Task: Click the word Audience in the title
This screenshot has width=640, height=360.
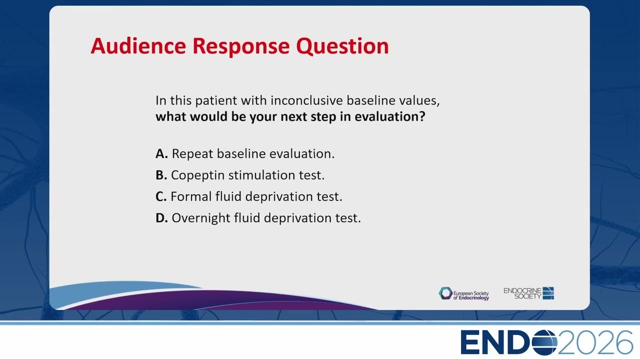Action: tap(138, 45)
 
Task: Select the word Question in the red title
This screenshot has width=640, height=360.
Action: tap(342, 46)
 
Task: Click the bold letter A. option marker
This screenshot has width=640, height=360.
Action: tap(161, 153)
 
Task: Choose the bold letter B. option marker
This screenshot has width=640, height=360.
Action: tap(161, 175)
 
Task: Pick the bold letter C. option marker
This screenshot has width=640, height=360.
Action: tap(161, 196)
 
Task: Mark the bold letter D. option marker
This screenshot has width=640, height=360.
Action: tap(161, 218)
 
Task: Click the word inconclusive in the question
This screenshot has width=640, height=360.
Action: tap(306, 100)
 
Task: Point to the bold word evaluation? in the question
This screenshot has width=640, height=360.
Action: tap(390, 116)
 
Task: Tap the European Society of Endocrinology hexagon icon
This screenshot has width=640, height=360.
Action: tap(445, 293)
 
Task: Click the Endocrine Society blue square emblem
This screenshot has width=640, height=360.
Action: tap(548, 293)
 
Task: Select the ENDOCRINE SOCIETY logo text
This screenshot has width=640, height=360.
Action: tap(522, 293)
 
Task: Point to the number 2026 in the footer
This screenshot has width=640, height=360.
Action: tap(595, 342)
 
